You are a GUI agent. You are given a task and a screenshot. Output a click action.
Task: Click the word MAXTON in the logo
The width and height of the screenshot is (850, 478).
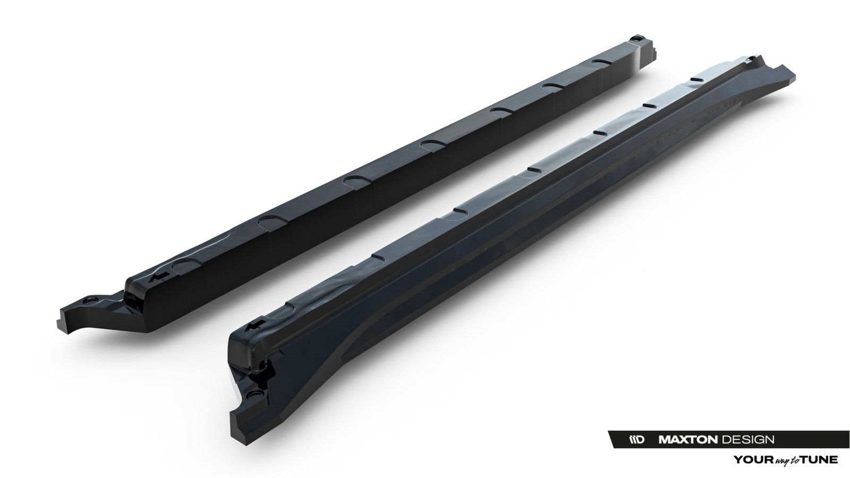[687, 439]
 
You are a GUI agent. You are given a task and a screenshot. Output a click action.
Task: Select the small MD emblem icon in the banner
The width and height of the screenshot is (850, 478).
[637, 439]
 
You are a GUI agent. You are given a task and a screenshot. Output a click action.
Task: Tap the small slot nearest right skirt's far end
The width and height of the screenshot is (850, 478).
[649, 105]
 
